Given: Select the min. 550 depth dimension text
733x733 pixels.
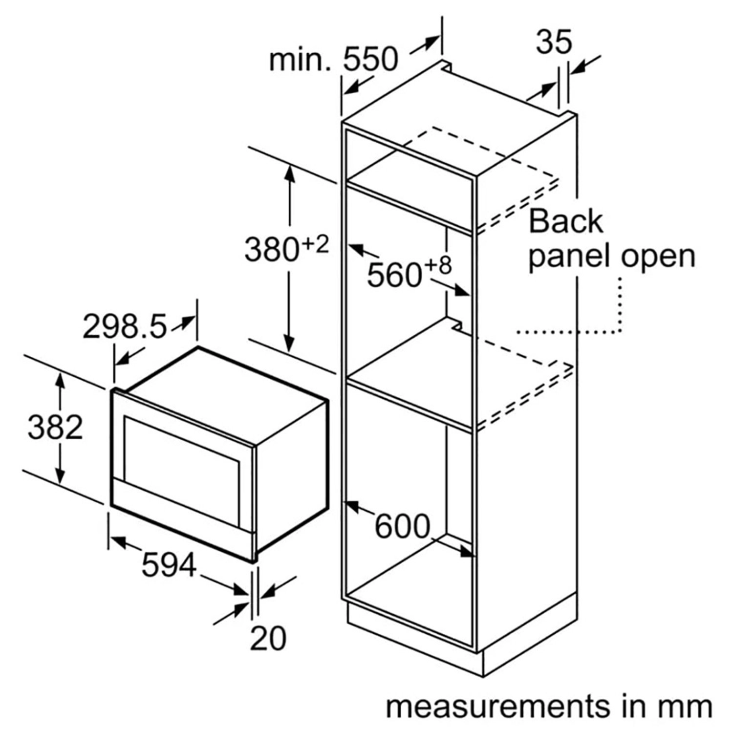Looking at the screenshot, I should click(334, 60).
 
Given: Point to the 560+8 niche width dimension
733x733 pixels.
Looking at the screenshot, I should click(409, 272).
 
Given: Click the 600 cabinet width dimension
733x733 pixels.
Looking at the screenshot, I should click(402, 526).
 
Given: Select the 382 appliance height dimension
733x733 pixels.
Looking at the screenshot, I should click(55, 427).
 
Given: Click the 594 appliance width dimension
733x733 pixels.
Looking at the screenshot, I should click(169, 565).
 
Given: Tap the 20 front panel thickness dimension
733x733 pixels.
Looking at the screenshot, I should click(267, 638).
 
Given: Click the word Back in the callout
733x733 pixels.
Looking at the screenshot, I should click(565, 221).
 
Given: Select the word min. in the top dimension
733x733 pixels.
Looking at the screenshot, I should click(300, 60).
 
